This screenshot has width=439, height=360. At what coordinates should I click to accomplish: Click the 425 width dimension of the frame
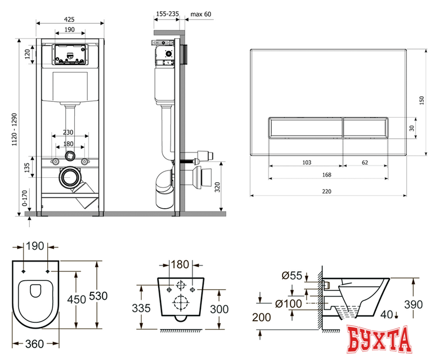pos(70,18)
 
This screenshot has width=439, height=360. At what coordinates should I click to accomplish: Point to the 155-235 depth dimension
pos(166,13)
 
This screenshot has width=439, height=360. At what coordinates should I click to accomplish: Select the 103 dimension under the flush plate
pos(306,163)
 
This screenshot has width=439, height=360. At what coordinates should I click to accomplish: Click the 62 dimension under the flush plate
pos(365,163)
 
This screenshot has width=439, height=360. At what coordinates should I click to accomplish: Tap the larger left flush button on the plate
pos(304,128)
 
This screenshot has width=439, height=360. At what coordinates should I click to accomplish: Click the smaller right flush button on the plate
pos(366,128)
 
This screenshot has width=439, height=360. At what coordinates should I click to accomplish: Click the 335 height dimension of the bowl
pos(142,308)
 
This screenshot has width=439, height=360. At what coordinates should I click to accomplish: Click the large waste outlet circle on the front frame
pos(70,178)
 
